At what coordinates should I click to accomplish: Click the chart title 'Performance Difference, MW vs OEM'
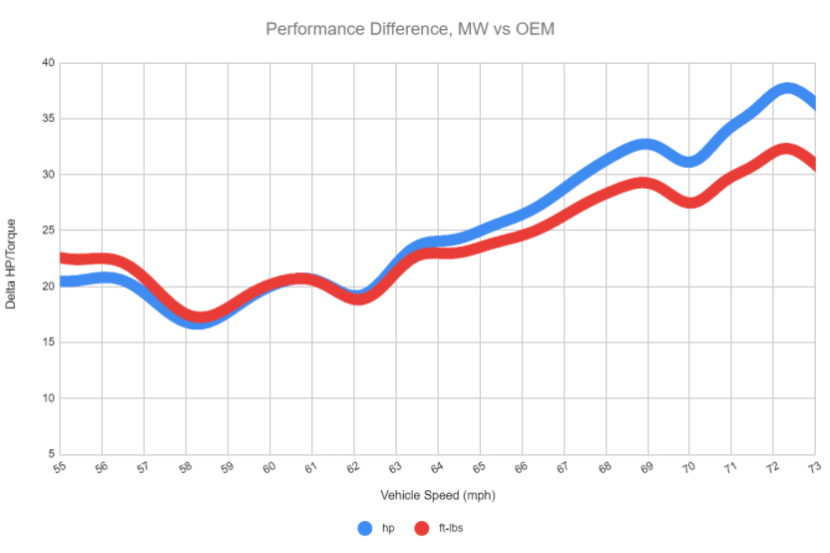tap(409, 29)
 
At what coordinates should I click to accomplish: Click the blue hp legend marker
tap(366, 528)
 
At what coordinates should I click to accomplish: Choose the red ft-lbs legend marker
tap(422, 528)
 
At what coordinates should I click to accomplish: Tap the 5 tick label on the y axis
tap(49, 454)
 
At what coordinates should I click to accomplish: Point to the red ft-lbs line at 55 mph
tap(63, 259)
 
